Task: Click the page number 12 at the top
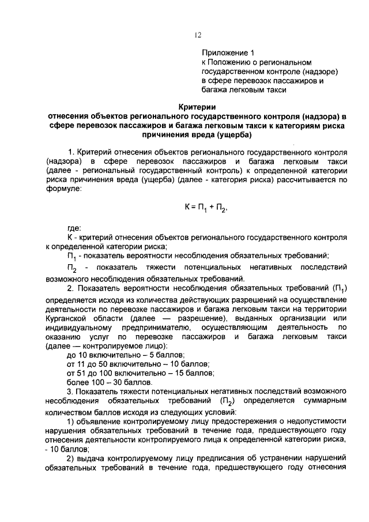[x=197, y=35]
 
